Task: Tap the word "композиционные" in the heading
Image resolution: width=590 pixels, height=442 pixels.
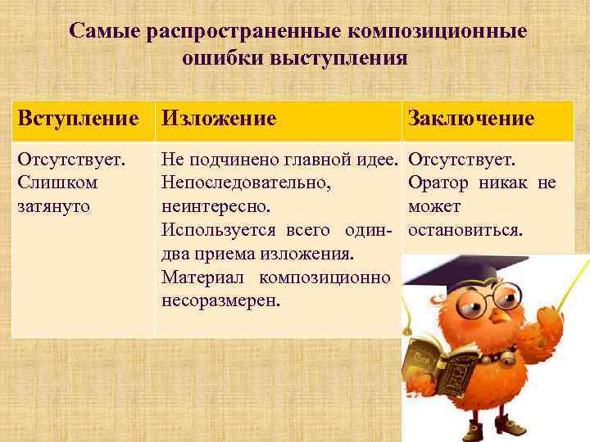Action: click(438, 32)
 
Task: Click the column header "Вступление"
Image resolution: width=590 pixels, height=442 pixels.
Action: click(79, 119)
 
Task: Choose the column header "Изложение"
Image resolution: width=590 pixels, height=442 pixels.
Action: click(219, 119)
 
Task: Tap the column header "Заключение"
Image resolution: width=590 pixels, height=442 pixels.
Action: click(470, 119)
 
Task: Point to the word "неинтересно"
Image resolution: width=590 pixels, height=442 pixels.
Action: click(216, 205)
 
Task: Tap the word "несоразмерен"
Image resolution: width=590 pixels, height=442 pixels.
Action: click(220, 300)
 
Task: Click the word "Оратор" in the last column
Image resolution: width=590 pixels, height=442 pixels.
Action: click(443, 181)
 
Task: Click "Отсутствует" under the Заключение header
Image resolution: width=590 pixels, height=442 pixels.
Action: click(461, 157)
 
